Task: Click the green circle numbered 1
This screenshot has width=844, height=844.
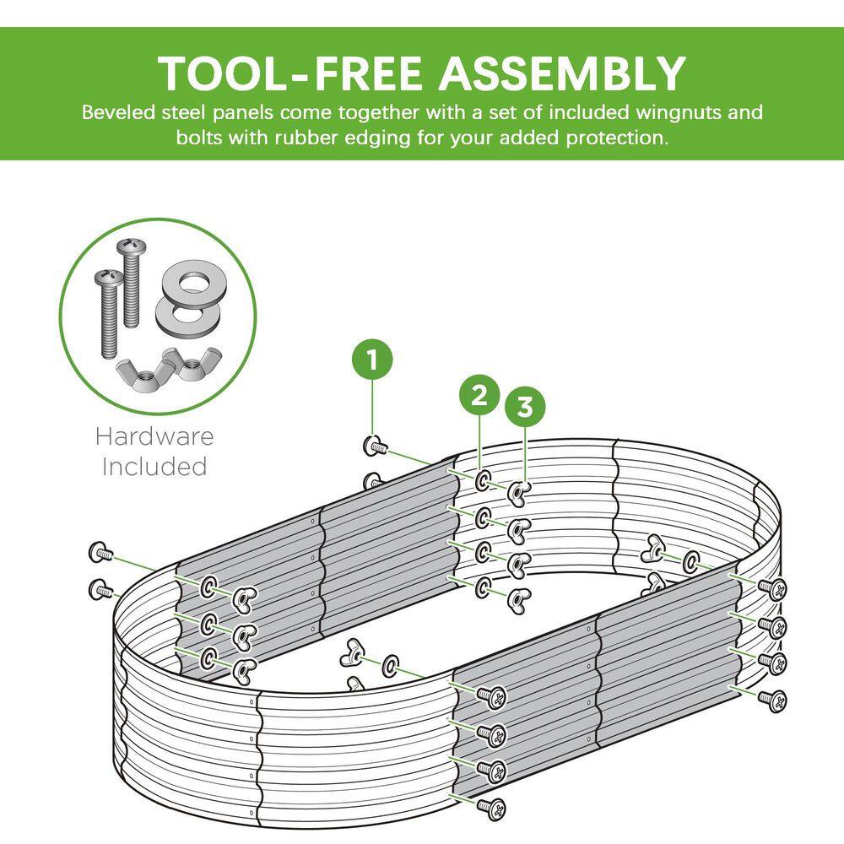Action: [372, 359]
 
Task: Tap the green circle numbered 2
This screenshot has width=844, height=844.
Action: [479, 395]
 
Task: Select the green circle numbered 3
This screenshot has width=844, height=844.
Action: [525, 407]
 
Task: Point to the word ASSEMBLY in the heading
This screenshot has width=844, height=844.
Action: [562, 73]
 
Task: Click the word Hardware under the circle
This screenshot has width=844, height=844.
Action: [155, 436]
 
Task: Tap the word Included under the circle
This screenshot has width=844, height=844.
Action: [154, 466]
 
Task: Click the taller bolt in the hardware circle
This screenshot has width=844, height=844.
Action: [129, 283]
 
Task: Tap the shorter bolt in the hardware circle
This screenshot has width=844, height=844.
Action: [108, 314]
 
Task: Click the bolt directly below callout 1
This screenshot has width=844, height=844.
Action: [376, 446]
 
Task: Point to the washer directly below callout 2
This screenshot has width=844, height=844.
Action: [483, 480]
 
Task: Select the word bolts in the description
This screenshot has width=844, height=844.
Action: [199, 138]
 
